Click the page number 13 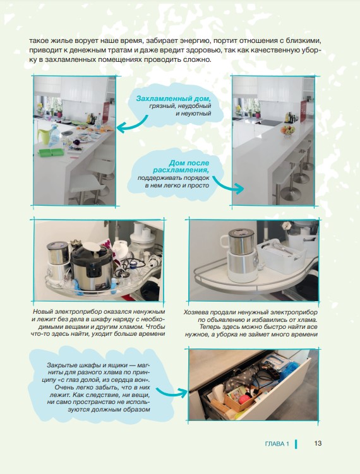point(318,443)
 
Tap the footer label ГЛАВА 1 point(277,444)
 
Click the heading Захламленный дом point(173,98)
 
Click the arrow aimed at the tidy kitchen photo point(229,184)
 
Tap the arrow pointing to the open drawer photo point(172,392)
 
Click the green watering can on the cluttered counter point(44,136)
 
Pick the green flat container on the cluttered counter point(51,152)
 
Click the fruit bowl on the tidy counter point(287,130)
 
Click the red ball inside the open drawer point(244,399)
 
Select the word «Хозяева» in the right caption point(195,312)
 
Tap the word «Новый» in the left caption point(42,312)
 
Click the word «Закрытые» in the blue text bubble point(61,365)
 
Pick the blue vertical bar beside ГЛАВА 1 point(296,444)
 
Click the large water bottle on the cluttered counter point(55,134)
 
